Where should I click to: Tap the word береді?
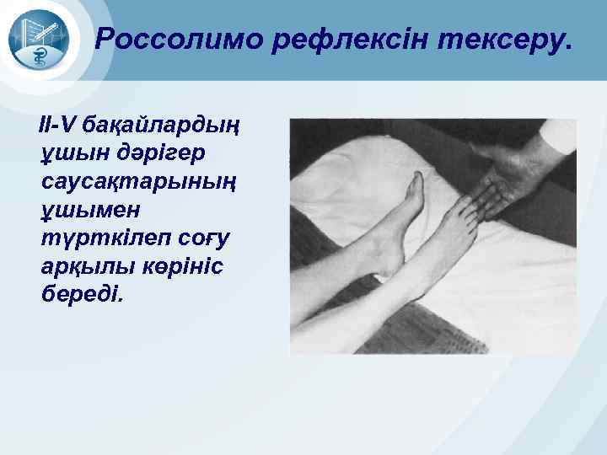pyautogui.click(x=81, y=294)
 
